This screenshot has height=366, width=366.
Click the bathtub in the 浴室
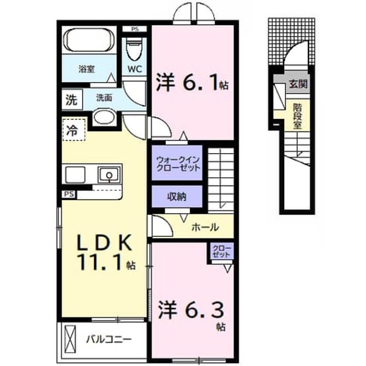[89, 40]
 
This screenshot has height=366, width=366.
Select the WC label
[135, 69]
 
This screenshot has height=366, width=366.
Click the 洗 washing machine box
[72, 100]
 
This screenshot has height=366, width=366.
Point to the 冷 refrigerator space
[74, 130]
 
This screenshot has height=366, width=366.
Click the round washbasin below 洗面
[105, 117]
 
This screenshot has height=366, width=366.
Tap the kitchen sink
[109, 175]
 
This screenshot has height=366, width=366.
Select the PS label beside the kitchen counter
[69, 194]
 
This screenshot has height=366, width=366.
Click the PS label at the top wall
[135, 29]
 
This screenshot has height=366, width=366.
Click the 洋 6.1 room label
[192, 82]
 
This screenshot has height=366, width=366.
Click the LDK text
[104, 242]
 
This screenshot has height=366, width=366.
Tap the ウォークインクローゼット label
[178, 164]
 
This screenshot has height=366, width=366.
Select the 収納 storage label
[177, 197]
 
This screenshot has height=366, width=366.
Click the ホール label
[205, 226]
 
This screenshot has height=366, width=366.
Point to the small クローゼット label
[221, 251]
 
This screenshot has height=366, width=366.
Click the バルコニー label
[109, 339]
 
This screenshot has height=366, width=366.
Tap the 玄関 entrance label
[298, 84]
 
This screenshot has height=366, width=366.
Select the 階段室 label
[297, 116]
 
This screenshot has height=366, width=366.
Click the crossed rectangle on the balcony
[70, 339]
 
